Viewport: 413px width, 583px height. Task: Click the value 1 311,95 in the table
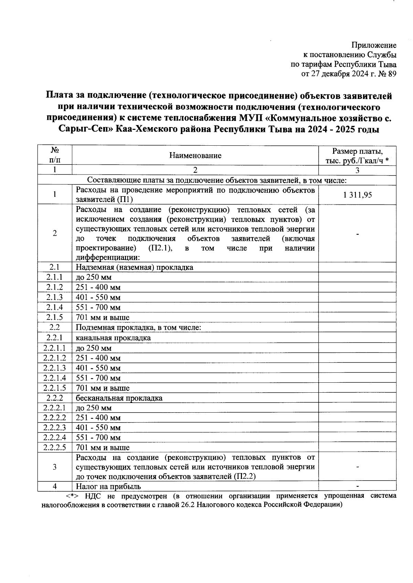click(357, 195)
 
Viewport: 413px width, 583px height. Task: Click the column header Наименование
click(195, 156)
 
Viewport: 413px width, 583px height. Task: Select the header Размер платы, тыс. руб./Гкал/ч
click(357, 156)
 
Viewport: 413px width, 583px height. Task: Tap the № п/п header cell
click(54, 155)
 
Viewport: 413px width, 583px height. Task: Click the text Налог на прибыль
click(108, 486)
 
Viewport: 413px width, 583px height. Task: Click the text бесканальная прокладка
click(119, 398)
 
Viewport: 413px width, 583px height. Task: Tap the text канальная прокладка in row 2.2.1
click(113, 338)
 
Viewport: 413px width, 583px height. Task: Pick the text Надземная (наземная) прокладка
click(134, 267)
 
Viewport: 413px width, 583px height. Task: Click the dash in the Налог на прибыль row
click(357, 486)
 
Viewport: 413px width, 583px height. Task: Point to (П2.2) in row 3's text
click(244, 477)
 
